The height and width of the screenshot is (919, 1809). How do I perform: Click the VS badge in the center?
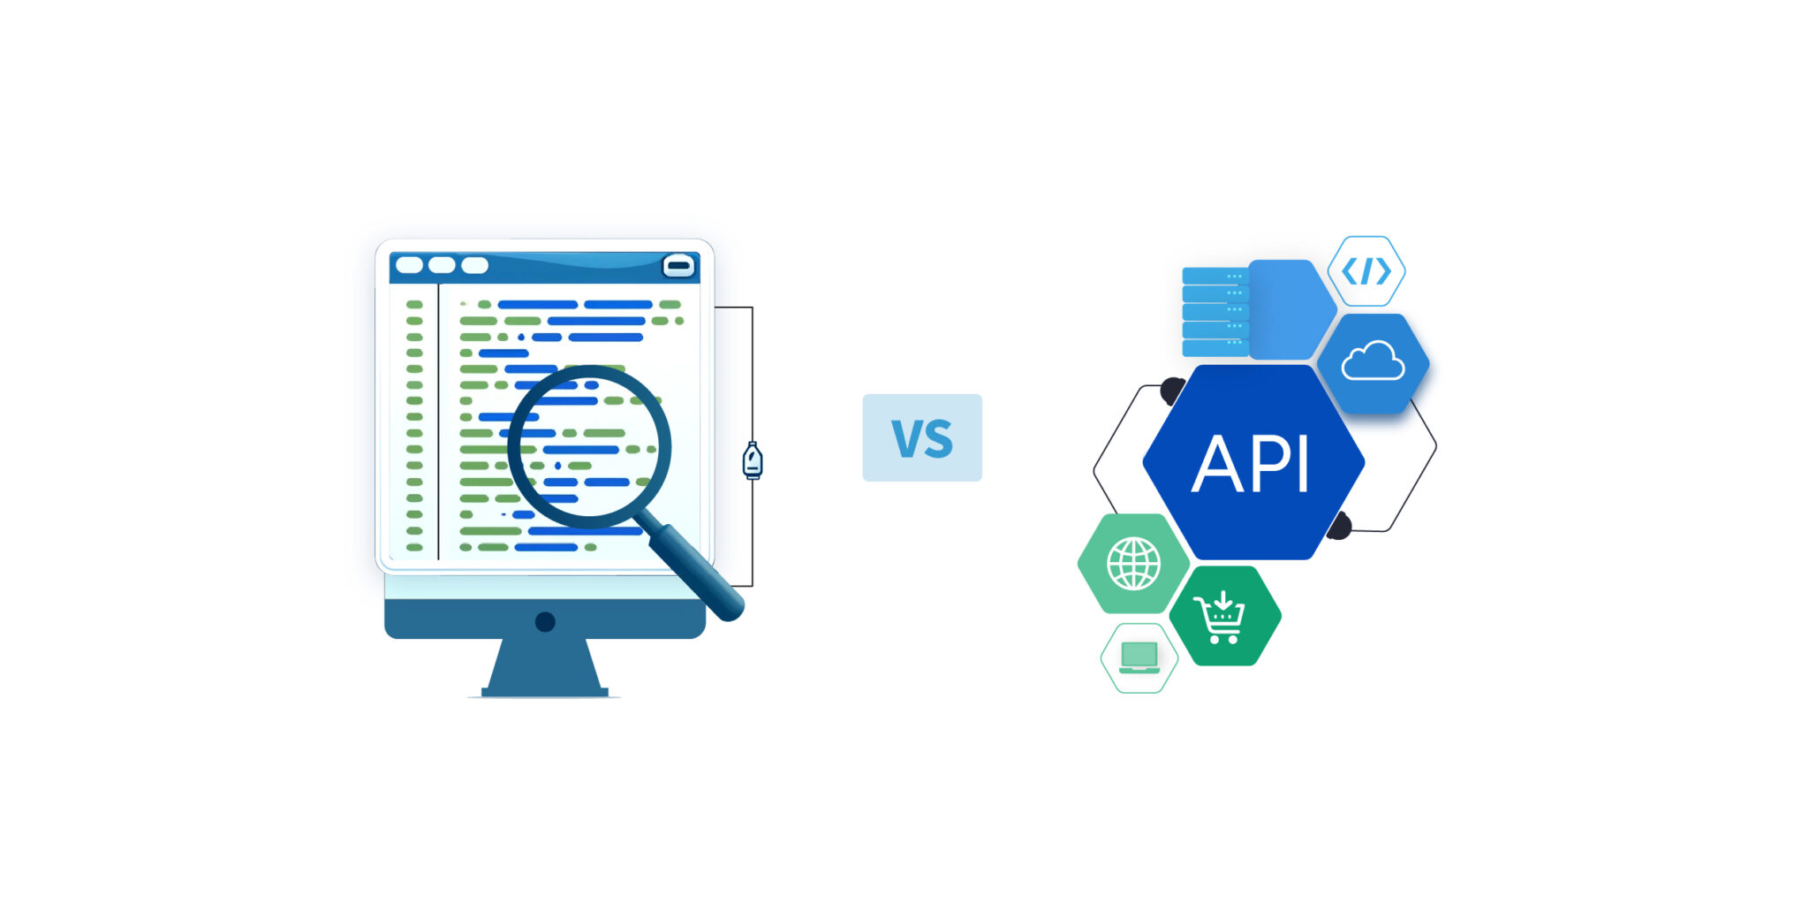click(x=921, y=437)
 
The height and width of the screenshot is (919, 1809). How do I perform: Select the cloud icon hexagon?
click(x=1373, y=362)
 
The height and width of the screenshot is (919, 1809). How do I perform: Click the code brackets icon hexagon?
click(x=1366, y=271)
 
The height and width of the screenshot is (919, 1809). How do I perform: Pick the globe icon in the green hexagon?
click(x=1133, y=564)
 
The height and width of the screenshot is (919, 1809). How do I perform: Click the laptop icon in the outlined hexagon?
click(x=1139, y=657)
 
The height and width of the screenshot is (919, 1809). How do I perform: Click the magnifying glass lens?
click(x=589, y=447)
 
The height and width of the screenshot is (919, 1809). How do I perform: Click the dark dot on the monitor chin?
click(x=545, y=622)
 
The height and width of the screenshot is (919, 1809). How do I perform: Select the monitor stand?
click(x=545, y=667)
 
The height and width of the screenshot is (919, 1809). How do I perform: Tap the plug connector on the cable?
click(x=752, y=460)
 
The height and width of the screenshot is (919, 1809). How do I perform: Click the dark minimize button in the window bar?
click(x=678, y=265)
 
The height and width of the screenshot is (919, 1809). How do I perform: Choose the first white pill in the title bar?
click(x=409, y=265)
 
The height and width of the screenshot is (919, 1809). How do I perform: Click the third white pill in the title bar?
click(x=474, y=265)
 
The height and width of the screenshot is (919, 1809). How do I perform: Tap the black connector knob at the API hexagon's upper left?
click(x=1172, y=390)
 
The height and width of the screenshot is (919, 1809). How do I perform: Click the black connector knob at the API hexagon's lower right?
click(x=1339, y=526)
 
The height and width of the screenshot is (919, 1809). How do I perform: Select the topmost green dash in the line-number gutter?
click(x=413, y=305)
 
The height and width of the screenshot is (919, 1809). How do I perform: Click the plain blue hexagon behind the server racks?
click(x=1289, y=308)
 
